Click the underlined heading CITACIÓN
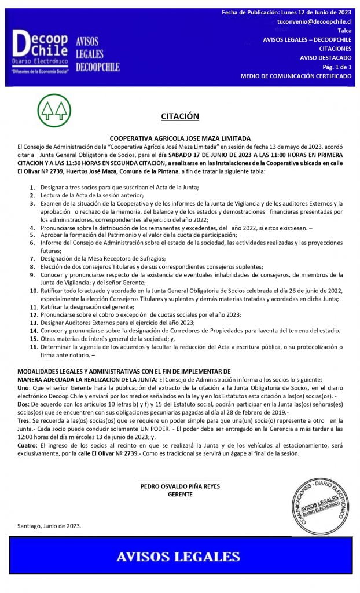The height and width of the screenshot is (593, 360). [x=180, y=116]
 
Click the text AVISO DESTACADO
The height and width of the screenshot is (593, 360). [x=325, y=58]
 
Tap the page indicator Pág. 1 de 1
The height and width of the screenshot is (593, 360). [x=336, y=67]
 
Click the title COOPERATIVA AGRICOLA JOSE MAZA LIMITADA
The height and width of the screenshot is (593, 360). [x=180, y=138]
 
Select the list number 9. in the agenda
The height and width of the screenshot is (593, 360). [x=33, y=275]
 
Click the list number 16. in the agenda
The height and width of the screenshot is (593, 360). [x=34, y=347]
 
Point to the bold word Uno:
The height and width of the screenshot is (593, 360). [x=24, y=387]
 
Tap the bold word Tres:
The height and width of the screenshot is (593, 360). [x=25, y=420]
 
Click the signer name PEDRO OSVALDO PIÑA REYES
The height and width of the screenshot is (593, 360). [x=180, y=486]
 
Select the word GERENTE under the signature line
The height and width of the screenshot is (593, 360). [x=180, y=494]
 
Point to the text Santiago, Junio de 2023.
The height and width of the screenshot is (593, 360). [x=49, y=526]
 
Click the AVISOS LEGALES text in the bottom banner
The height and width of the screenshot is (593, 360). [x=178, y=557]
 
